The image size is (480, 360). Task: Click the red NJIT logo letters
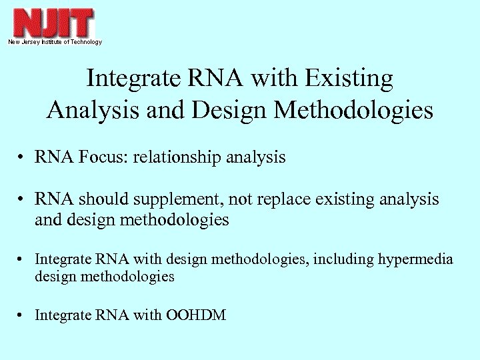click(53, 23)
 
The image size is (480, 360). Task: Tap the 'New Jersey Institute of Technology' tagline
click(55, 42)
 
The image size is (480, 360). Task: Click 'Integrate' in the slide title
click(133, 79)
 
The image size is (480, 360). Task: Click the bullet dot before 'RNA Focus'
click(22, 159)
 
